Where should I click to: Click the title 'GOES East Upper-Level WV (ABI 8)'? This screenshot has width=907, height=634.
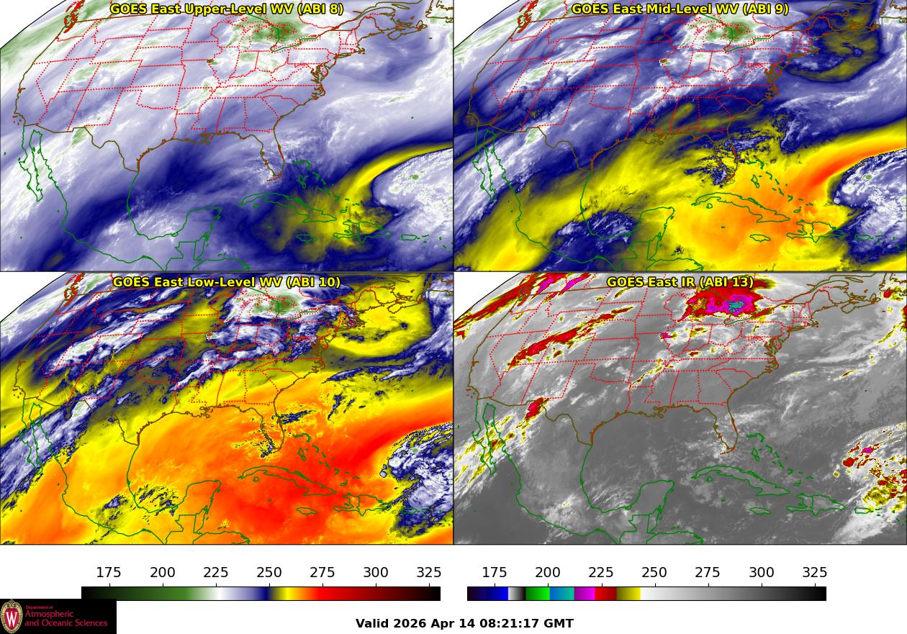226,9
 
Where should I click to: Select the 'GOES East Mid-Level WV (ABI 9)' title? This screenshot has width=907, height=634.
680,9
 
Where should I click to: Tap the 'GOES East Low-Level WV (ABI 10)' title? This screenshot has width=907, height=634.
226,282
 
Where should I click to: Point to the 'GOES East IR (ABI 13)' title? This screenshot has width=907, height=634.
680,282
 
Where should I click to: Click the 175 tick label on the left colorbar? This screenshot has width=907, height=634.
109,572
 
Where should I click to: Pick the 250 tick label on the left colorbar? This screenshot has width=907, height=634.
269,572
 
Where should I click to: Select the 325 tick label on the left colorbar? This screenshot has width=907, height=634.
429,572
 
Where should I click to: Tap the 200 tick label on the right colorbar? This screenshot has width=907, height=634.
547,572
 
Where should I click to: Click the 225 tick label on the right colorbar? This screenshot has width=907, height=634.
601,572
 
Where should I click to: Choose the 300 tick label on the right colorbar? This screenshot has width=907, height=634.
762,572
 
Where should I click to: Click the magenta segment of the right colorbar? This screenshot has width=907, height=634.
585,594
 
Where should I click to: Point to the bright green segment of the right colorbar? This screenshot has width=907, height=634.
537,594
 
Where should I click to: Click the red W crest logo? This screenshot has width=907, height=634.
12,617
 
